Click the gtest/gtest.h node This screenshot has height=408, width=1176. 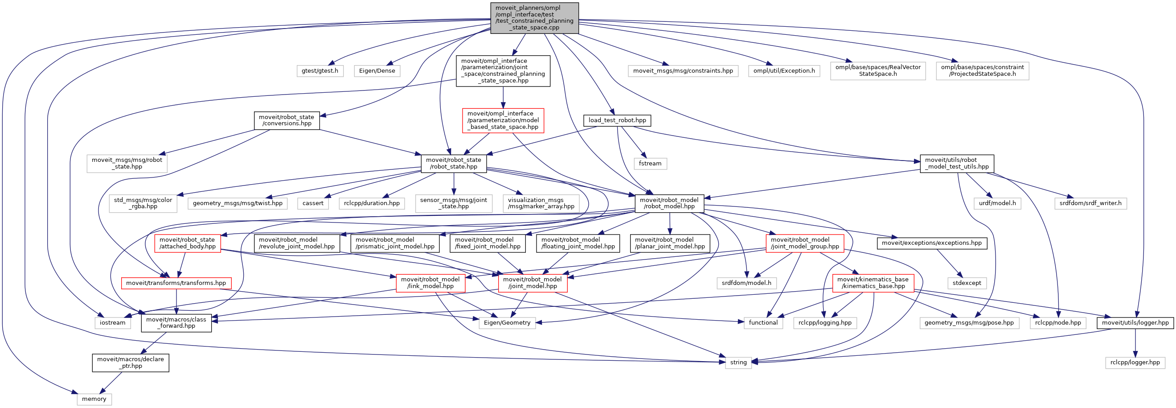(x=320, y=71)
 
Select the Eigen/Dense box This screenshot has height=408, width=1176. (x=377, y=71)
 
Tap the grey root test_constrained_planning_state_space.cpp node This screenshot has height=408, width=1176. (x=534, y=18)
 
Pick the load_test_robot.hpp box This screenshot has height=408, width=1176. (x=617, y=120)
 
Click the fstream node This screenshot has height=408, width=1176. (x=650, y=164)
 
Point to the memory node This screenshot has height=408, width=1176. (x=94, y=399)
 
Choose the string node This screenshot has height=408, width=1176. (x=738, y=363)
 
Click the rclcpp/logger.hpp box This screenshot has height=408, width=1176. (x=1135, y=363)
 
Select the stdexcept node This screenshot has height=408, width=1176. (x=967, y=283)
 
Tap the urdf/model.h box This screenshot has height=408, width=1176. (x=997, y=203)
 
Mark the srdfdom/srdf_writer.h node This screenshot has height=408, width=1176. (x=1090, y=203)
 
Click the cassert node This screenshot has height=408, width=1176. (x=313, y=203)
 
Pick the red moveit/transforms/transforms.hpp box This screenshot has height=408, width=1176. (x=176, y=283)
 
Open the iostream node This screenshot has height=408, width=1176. (x=113, y=322)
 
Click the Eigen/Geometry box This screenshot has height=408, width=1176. (x=507, y=322)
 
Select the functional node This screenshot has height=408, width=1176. (x=763, y=322)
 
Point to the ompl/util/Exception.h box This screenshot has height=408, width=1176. (x=784, y=71)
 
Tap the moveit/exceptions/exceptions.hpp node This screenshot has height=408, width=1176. (x=932, y=243)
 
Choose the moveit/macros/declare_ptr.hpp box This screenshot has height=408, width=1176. (x=131, y=363)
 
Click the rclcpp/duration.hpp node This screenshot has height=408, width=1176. (x=372, y=203)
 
